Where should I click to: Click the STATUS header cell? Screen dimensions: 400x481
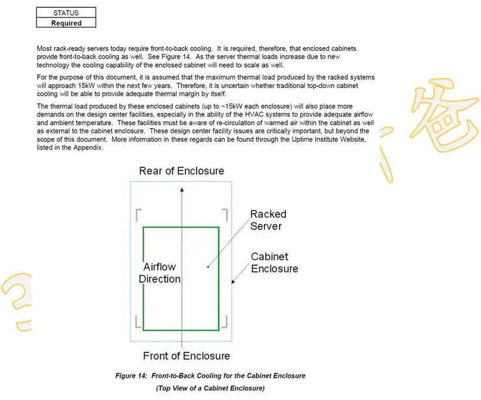coord(66,12)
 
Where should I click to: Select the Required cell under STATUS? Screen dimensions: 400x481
coord(66,23)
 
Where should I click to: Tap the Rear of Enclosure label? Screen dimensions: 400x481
coord(181,171)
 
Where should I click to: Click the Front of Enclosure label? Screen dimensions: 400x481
coord(187,356)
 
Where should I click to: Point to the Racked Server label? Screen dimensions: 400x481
coord(268,220)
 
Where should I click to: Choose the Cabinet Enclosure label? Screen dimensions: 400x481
coord(274,263)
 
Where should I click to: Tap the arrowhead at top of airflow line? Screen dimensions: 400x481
coord(182,189)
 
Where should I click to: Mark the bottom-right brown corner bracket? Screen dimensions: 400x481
coord(225,322)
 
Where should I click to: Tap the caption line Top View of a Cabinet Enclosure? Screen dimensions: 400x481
coord(210,388)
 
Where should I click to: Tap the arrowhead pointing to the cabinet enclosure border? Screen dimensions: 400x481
coord(234,282)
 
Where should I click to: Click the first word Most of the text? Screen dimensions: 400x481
coord(45,49)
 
